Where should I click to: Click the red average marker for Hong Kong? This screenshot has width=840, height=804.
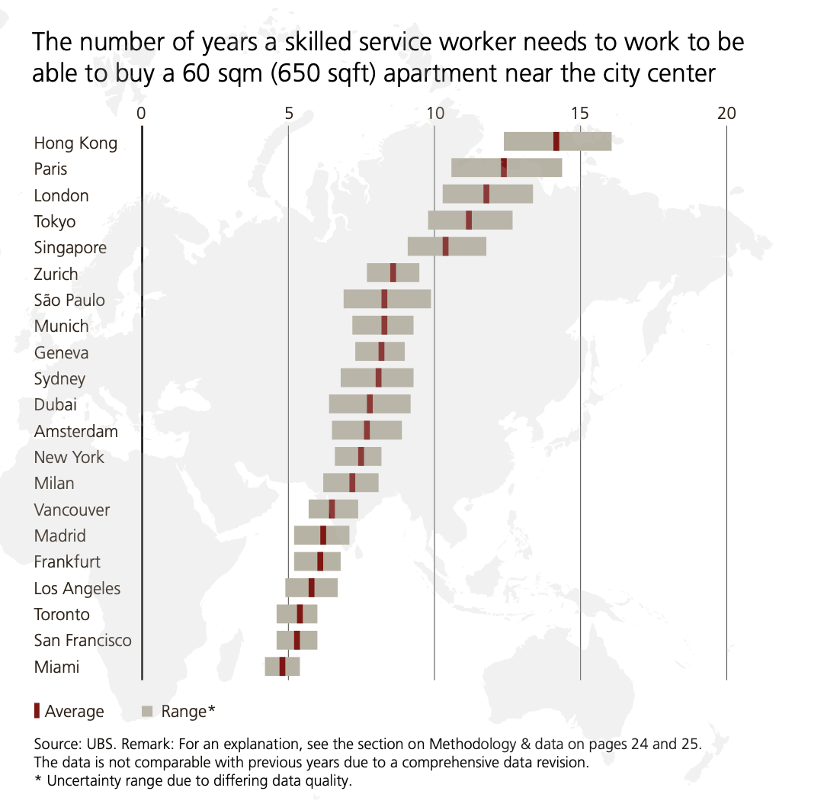click(556, 141)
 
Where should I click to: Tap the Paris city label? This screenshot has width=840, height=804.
click(50, 169)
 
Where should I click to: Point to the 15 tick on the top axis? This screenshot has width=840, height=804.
click(579, 113)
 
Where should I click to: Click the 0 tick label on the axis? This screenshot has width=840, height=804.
click(141, 113)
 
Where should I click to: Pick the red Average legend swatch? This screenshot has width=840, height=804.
click(37, 711)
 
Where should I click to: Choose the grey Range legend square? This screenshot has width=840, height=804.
click(148, 712)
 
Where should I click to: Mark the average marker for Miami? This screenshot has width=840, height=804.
click(282, 666)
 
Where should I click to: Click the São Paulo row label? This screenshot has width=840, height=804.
click(69, 300)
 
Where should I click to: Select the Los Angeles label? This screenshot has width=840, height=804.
click(77, 588)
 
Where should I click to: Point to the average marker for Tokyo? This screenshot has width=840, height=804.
click(469, 220)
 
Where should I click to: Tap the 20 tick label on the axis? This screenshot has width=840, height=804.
click(726, 113)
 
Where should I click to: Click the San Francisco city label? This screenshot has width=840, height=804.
click(82, 640)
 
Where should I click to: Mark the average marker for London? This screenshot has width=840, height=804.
click(486, 194)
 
